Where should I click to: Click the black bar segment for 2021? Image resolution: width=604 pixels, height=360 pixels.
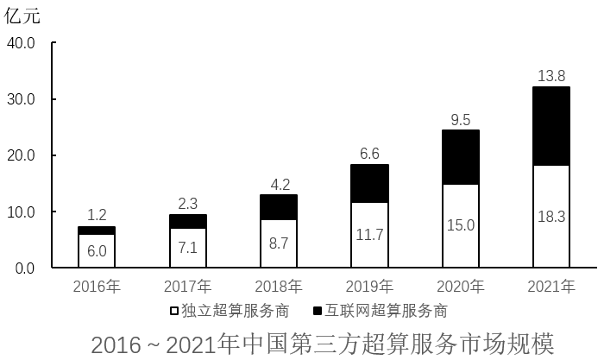click(551, 126)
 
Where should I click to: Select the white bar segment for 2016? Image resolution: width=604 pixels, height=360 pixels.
click(97, 250)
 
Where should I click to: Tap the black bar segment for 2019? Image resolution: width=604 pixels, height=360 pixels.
click(369, 183)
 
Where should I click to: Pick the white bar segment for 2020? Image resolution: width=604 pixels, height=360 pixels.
click(460, 225)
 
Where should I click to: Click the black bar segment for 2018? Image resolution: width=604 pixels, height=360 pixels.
click(278, 207)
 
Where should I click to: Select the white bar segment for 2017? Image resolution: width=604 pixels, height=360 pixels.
click(187, 248)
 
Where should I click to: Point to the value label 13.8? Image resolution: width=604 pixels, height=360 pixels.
click(551, 76)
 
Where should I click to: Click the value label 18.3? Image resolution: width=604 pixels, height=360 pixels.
click(551, 217)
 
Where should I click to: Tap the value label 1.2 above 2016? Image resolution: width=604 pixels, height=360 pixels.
click(97, 215)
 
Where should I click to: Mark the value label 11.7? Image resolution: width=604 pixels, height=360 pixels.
click(369, 234)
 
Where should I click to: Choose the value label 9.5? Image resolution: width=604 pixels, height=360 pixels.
click(460, 119)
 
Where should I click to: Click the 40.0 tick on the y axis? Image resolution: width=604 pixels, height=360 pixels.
click(21, 43)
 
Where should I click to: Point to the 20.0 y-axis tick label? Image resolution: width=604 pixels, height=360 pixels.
click(21, 155)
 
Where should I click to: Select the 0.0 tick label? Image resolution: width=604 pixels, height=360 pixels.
click(24, 268)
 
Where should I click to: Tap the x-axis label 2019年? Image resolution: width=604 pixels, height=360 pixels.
click(369, 287)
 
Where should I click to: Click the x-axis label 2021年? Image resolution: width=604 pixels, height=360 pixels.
click(551, 287)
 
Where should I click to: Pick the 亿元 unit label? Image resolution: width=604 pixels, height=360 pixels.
click(22, 15)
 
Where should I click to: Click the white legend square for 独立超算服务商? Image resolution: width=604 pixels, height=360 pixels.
click(174, 310)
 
